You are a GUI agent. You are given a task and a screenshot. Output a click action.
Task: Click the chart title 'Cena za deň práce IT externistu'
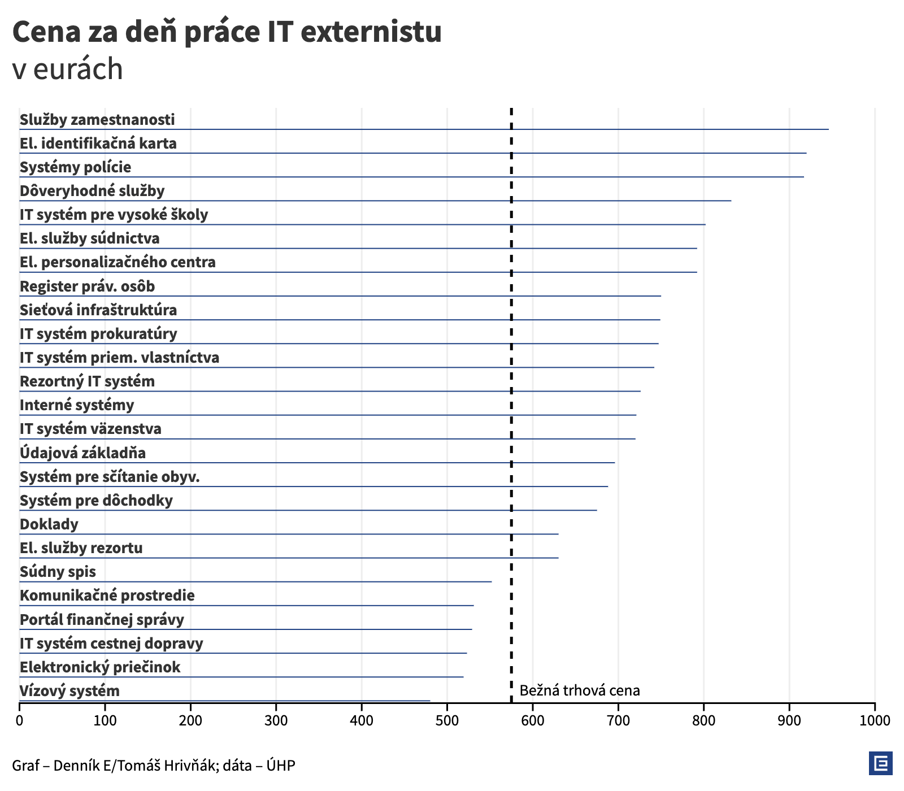tap(227, 32)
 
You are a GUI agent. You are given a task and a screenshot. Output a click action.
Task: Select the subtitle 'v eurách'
tap(67, 69)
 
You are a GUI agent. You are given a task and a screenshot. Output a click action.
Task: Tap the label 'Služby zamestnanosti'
tap(97, 120)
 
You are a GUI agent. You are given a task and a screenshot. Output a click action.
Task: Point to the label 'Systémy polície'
tap(75, 167)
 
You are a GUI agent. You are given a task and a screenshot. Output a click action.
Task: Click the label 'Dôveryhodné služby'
tap(92, 191)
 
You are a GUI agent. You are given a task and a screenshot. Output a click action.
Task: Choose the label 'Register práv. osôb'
tap(87, 286)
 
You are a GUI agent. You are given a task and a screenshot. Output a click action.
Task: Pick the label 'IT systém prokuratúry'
tap(98, 334)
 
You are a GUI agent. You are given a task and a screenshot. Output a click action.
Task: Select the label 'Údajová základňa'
tap(82, 453)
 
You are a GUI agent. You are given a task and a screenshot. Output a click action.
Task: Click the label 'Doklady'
tap(49, 524)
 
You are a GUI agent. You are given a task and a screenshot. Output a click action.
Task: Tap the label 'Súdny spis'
tap(58, 572)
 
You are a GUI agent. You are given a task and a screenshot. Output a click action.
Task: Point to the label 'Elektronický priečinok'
tap(100, 667)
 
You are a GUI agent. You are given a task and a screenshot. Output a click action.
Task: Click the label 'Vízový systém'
tap(69, 691)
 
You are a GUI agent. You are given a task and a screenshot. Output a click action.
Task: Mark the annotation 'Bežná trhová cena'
tap(579, 690)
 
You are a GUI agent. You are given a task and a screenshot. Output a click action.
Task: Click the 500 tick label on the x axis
tap(447, 720)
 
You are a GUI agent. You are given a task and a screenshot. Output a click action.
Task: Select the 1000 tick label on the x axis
tap(874, 720)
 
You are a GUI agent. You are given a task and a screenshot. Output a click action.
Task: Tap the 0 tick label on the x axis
tap(20, 720)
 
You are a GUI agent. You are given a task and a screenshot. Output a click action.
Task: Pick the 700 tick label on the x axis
tap(618, 720)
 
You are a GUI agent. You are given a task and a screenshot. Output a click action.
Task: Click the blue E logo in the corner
tap(880, 763)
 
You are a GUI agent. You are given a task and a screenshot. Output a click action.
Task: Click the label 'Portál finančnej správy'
tap(102, 620)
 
